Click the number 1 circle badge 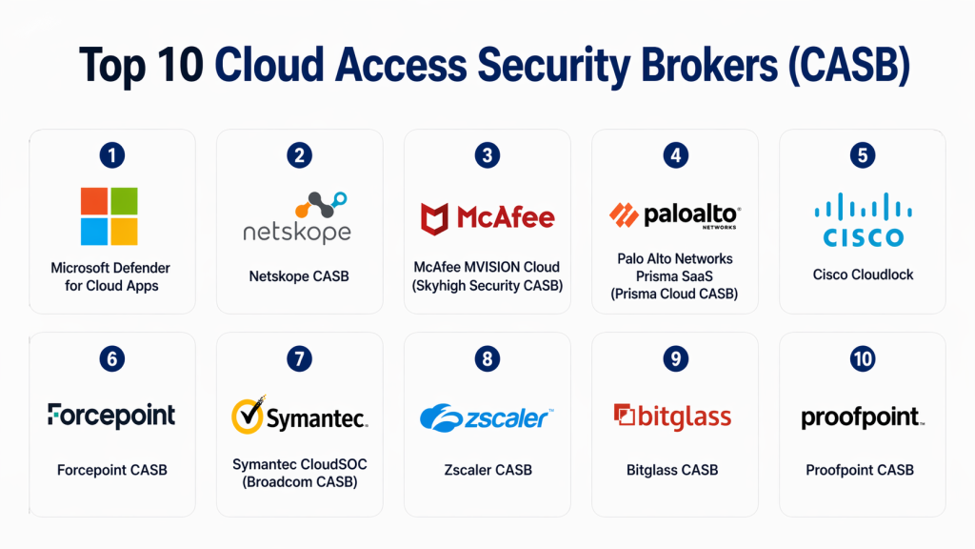click(112, 155)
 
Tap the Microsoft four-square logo click(109, 216)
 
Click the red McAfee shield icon click(435, 218)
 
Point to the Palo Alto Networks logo click(674, 216)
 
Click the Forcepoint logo click(111, 415)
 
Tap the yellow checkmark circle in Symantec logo click(249, 417)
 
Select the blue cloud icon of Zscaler click(440, 417)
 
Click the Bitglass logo click(673, 417)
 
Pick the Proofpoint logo click(862, 417)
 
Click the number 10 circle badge click(863, 358)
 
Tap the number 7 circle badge click(300, 358)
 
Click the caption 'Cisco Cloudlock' click(863, 274)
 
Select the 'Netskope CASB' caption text click(299, 276)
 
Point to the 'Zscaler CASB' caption click(487, 469)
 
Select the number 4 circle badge click(675, 155)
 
